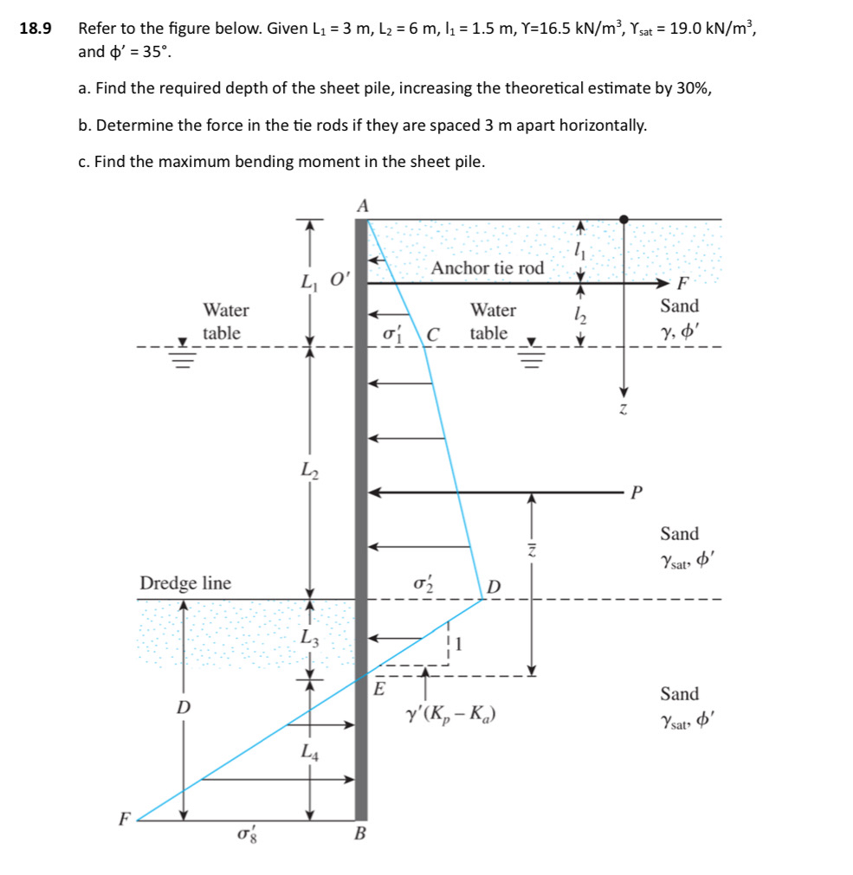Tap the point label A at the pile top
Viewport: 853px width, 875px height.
362,205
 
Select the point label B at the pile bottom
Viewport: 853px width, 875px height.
361,834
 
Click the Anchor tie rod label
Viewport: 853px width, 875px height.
488,268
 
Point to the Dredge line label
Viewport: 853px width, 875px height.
185,583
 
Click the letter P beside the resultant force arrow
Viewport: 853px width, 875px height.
637,493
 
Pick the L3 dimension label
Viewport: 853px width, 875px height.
309,640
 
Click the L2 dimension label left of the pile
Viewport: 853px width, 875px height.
309,471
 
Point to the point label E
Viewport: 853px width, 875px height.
378,689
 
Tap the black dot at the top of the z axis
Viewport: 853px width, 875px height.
623,220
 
